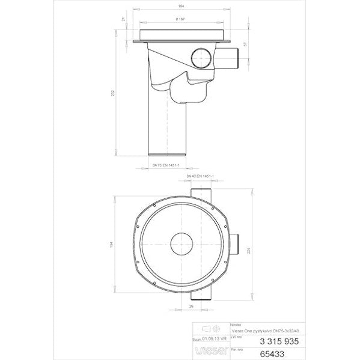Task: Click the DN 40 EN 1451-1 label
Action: click(198, 175)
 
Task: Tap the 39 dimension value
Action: click(191, 307)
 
